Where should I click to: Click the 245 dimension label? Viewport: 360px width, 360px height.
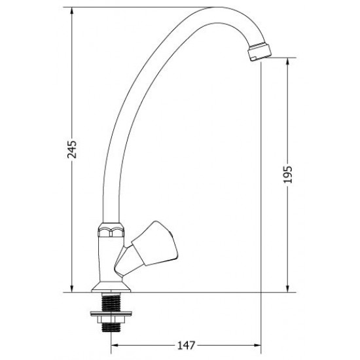pos(72,149)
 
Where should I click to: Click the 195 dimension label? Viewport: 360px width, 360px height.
pos(287,174)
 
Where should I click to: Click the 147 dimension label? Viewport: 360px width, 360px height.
pos(186,345)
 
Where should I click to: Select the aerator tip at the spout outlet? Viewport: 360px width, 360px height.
pos(260,51)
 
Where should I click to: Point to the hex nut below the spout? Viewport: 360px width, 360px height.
pos(111,230)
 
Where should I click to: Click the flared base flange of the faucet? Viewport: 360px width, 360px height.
pos(111,287)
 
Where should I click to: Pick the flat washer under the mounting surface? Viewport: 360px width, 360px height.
pos(111,314)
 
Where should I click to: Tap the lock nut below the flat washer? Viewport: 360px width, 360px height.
pos(111,319)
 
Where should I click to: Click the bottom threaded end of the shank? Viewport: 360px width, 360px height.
pos(111,327)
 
